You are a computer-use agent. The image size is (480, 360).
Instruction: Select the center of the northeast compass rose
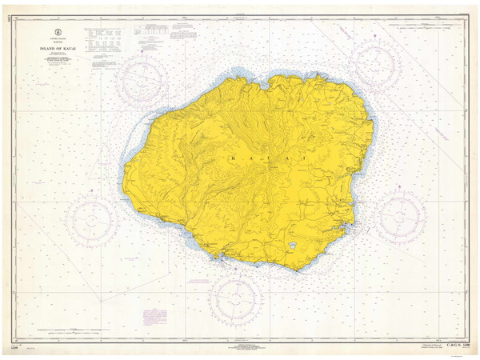click(x=374, y=64)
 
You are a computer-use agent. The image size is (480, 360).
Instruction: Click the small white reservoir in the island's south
click(x=293, y=246)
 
